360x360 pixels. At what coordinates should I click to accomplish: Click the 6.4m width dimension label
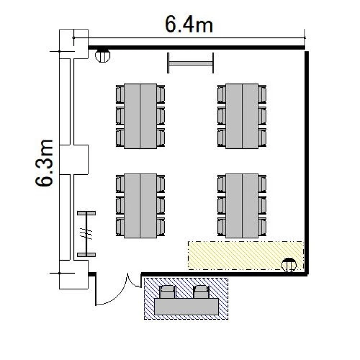coord(189,24)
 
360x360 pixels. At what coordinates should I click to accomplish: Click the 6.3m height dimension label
coord(44,163)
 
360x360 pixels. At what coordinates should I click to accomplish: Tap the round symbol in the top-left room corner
coord(103,55)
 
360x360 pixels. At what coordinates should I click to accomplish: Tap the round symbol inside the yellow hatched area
coord(289,264)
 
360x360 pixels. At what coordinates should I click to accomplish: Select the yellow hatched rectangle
coord(246,255)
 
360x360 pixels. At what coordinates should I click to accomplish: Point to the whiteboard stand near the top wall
coord(191,63)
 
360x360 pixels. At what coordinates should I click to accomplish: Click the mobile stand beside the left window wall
coord(86,234)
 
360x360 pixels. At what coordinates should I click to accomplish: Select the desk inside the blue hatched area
coord(186,307)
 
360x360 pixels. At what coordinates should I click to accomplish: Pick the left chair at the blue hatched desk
coord(168,292)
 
